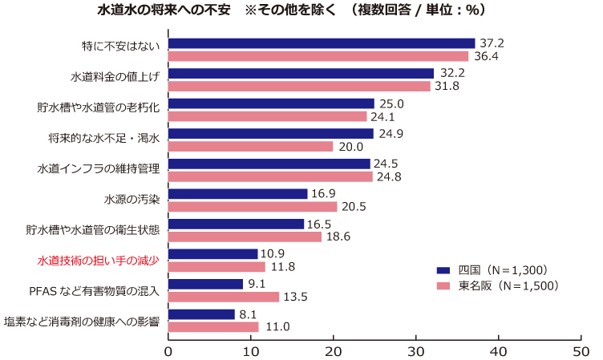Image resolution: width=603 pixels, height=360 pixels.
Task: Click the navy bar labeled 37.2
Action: click(322, 43)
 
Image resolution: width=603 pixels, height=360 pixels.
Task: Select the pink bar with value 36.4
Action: click(319, 57)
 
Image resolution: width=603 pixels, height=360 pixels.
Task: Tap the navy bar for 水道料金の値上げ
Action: click(301, 73)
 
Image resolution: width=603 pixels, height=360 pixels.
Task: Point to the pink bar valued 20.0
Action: click(251, 147)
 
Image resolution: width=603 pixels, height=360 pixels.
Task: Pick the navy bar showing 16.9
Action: click(238, 194)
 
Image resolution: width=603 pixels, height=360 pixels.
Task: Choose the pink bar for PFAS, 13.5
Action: click(224, 297)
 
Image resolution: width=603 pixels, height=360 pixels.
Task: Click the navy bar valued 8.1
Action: click(202, 315)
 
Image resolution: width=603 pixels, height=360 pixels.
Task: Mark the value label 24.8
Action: click(389, 177)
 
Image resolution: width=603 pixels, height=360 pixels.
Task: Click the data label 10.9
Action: click(273, 254)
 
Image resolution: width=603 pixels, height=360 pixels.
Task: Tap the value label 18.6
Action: click(338, 237)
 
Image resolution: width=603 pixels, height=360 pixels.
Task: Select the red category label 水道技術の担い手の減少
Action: click(98, 260)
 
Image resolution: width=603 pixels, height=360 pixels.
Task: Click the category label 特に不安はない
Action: click(121, 47)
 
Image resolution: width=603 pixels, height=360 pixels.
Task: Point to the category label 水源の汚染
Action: click(132, 199)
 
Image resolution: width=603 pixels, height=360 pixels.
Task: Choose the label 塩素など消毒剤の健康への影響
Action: click(82, 321)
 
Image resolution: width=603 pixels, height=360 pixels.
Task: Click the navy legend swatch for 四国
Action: click(443, 270)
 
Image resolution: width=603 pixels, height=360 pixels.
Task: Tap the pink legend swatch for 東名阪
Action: click(443, 286)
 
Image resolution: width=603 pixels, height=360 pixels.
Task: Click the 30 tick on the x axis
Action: click(416, 352)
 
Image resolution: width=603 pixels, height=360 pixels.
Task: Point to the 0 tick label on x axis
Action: click(168, 352)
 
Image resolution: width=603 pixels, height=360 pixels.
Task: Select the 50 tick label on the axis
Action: click(581, 352)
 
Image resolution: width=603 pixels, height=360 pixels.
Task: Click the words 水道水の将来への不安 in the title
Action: click(163, 10)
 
